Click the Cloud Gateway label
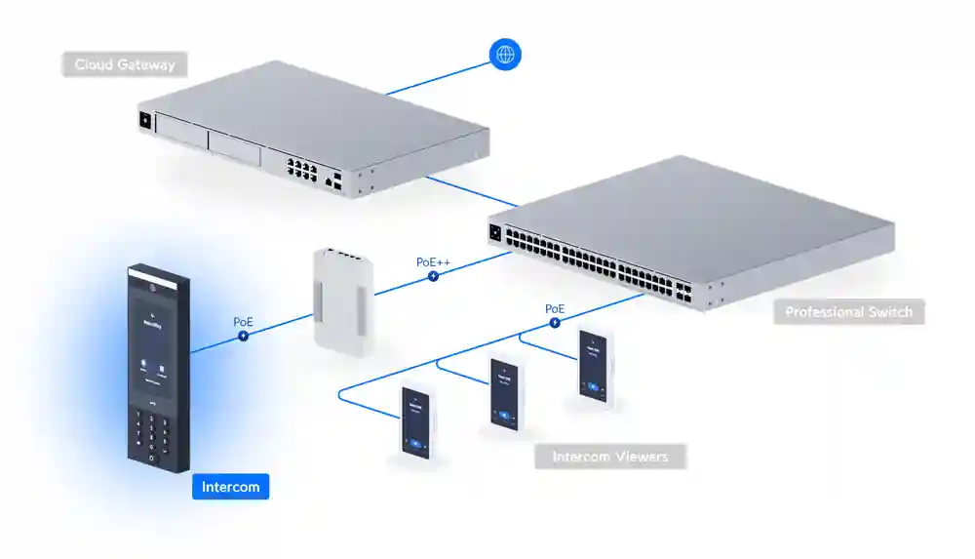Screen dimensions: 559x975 (125, 65)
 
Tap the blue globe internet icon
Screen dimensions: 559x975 (505, 55)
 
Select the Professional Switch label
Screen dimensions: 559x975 (848, 312)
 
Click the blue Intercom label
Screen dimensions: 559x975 (230, 486)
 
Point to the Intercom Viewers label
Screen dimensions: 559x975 (609, 457)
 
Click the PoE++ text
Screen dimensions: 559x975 (432, 261)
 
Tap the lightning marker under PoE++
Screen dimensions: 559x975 (432, 276)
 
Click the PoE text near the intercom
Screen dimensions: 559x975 (243, 321)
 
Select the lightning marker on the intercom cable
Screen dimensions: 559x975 (243, 336)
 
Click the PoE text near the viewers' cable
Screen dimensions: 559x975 (554, 308)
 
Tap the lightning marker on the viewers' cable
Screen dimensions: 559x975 (554, 322)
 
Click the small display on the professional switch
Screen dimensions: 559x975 (495, 233)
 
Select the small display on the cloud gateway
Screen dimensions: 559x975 (146, 121)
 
